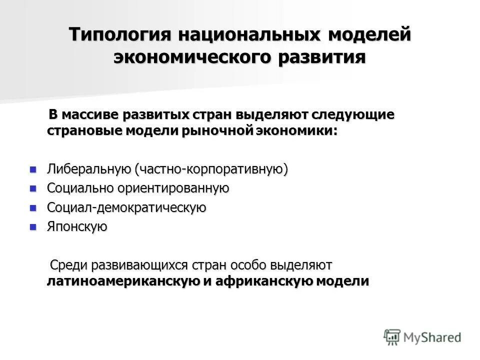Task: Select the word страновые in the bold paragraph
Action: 78,131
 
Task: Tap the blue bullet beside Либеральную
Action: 33,169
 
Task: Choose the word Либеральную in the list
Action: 89,169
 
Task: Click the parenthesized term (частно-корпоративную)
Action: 211,169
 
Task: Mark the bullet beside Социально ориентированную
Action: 33,188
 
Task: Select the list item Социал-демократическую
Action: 126,207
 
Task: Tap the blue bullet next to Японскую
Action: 33,226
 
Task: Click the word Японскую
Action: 77,227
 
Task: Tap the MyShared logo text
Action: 432,337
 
